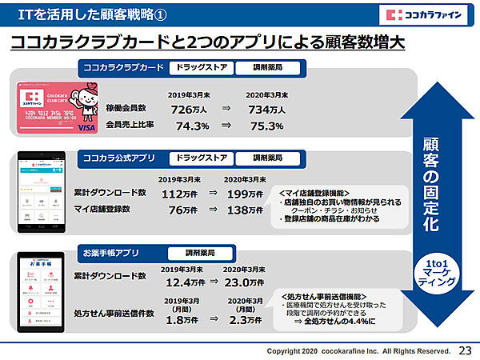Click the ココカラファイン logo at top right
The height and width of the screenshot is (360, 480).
(x=423, y=15)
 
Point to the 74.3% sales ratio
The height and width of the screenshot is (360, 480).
(x=192, y=126)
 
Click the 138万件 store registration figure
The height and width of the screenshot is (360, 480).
(x=245, y=210)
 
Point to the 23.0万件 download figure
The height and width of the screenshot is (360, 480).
(x=245, y=282)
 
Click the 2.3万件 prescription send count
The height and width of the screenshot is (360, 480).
(x=243, y=319)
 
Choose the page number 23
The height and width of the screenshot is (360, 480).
(x=466, y=350)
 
